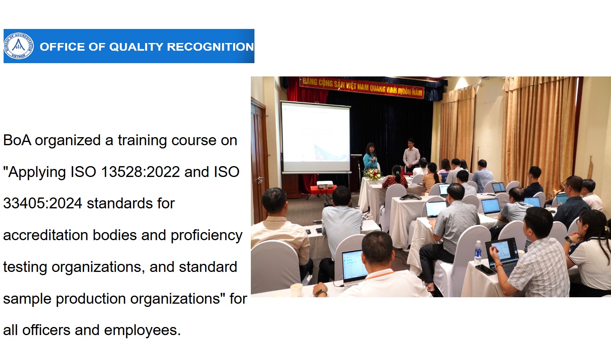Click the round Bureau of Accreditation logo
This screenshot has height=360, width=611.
19,46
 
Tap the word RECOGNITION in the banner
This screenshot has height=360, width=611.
210,47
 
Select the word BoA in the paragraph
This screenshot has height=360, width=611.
17,140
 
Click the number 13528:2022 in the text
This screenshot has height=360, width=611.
140,172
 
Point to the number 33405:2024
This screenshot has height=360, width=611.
43,204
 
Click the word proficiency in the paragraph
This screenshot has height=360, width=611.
207,236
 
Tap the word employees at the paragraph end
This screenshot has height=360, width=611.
142,330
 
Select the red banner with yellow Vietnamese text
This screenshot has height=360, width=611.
362,87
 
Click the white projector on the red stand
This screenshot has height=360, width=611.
325,184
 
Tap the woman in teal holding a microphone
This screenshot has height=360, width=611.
370,159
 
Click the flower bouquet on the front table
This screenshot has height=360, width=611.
372,174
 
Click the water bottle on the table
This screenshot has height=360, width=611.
478,252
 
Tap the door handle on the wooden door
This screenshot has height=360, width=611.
260,180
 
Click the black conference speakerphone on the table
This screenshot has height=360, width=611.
410,197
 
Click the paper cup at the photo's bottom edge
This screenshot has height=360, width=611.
296,290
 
